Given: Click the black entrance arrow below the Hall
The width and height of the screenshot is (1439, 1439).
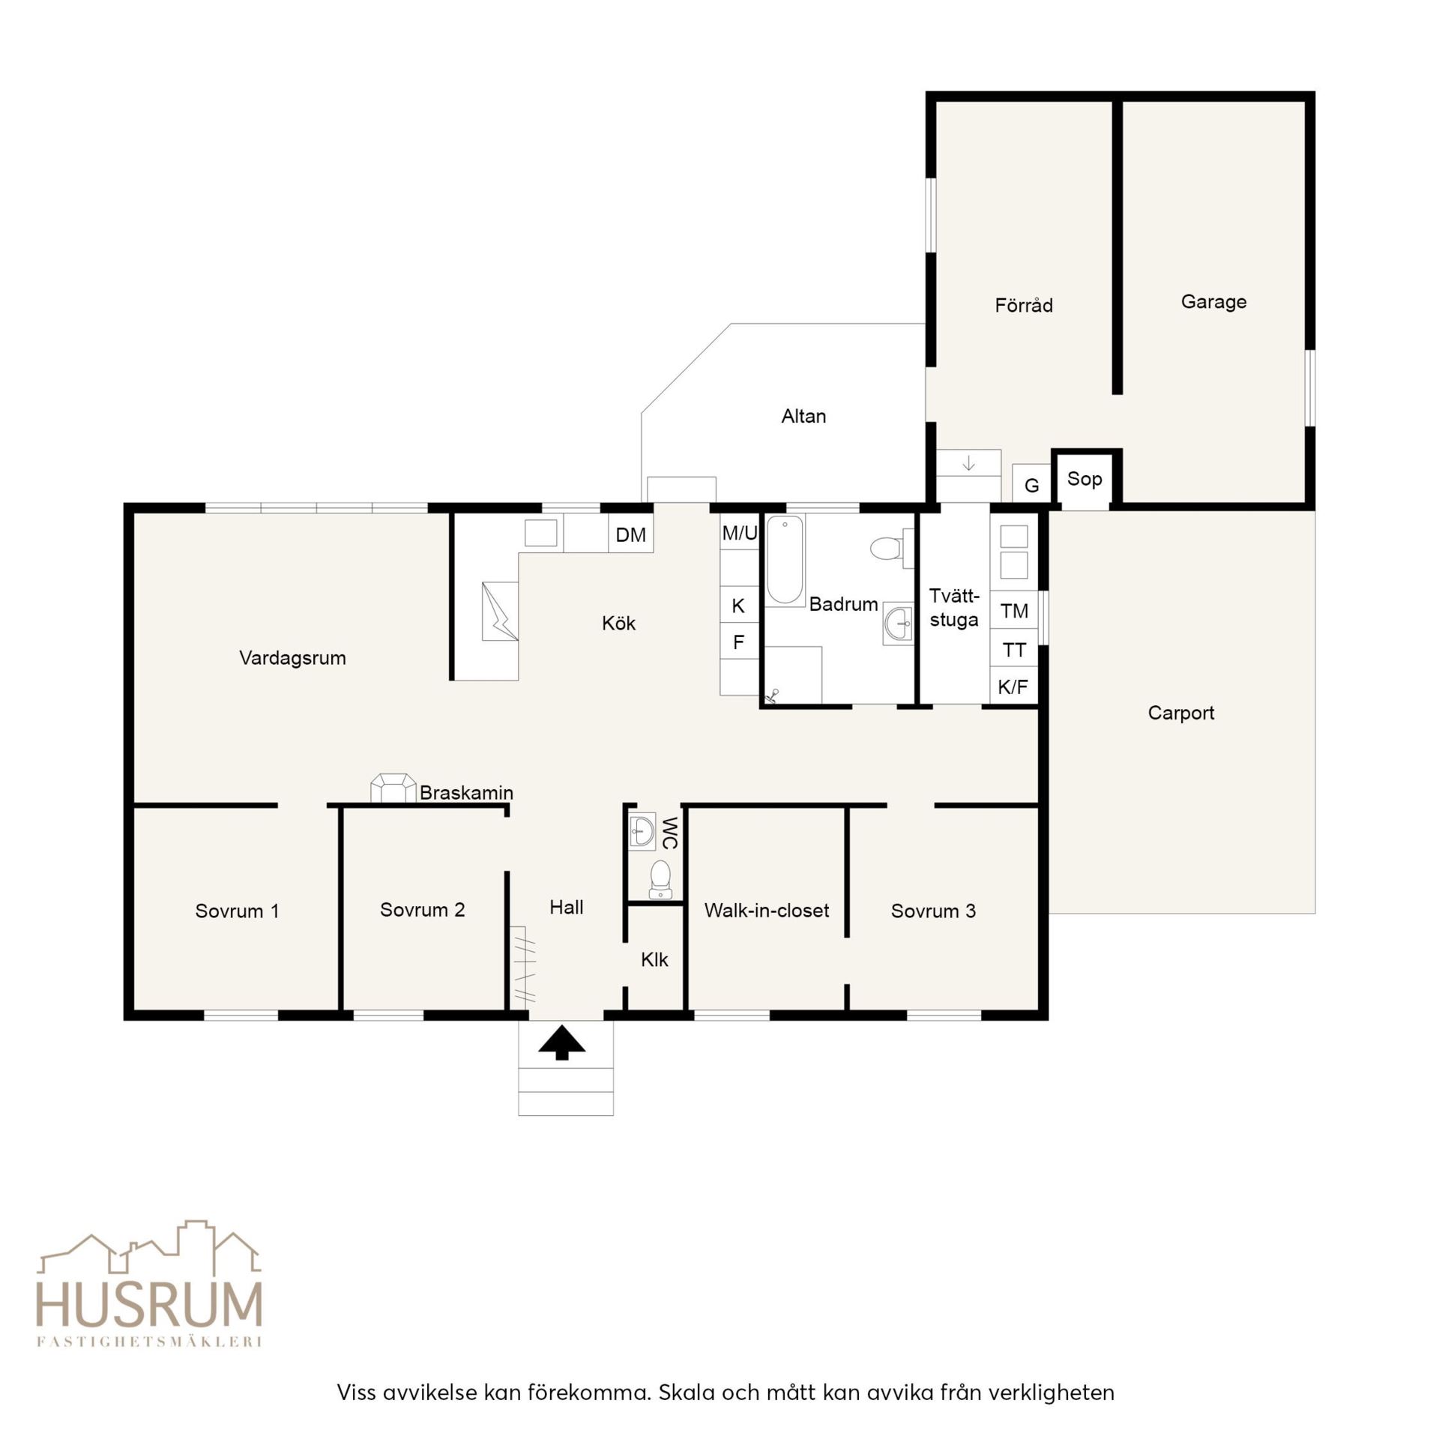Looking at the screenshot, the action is tap(562, 1043).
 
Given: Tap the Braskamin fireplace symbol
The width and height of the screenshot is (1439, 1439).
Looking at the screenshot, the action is tap(393, 788).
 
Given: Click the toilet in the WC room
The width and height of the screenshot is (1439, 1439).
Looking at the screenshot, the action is tap(660, 878).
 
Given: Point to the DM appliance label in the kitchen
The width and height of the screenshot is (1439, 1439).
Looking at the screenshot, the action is tap(630, 534).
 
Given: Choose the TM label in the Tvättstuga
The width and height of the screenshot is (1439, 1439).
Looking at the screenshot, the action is tap(1014, 611).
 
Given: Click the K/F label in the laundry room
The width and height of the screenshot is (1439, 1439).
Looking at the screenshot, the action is tap(1013, 686).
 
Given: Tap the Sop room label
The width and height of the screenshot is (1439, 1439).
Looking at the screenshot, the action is tap(1084, 479).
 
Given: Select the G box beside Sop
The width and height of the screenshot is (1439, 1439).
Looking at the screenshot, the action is tap(1031, 483).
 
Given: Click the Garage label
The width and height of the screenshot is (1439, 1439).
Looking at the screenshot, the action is tap(1213, 302).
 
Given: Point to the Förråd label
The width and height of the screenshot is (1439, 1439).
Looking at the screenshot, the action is tap(1024, 305).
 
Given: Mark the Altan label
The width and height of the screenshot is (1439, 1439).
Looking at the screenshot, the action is tap(803, 416).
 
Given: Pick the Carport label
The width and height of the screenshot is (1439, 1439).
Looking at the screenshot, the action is tap(1180, 713).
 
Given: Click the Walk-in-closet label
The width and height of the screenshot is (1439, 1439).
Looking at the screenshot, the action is tap(767, 911).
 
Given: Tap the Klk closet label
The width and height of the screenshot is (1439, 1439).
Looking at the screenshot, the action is tap(654, 959).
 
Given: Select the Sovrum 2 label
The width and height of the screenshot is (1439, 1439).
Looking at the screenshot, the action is tap(422, 910).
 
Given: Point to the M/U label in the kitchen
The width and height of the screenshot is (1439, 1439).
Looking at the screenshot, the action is tap(740, 533).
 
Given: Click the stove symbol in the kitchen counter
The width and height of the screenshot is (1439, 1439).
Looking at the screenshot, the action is tap(499, 611).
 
